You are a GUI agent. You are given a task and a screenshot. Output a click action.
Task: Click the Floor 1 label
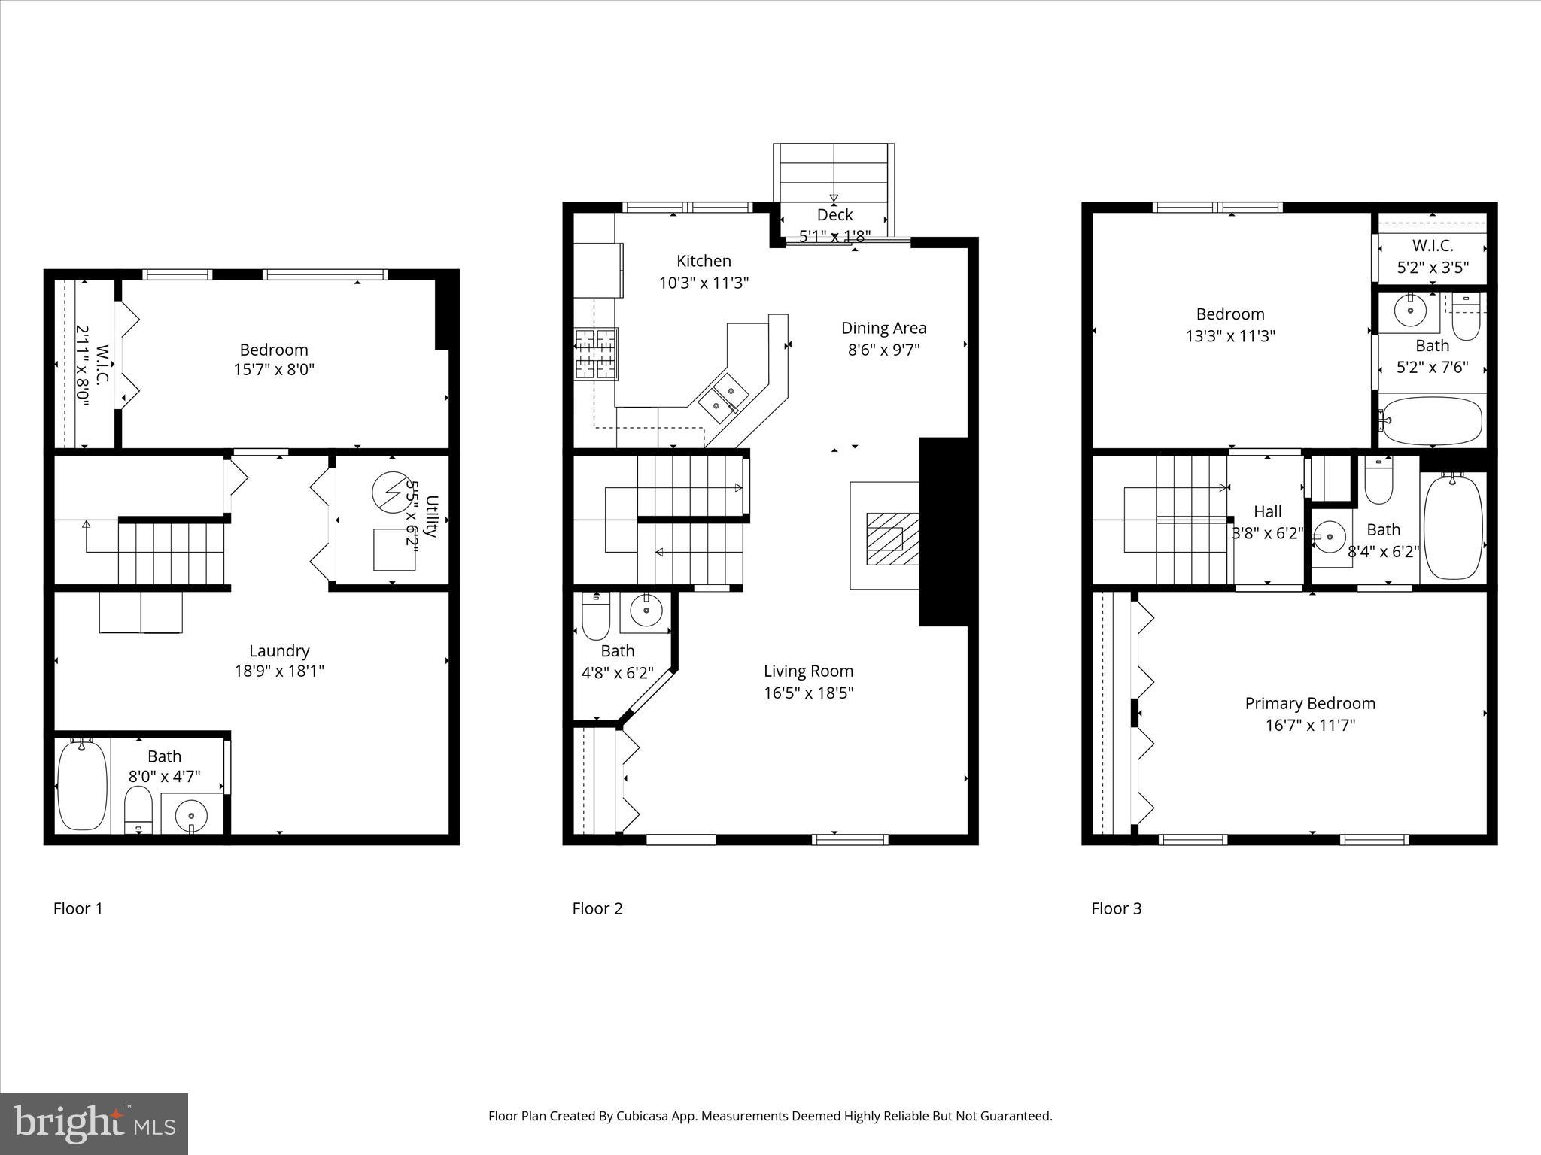click(78, 908)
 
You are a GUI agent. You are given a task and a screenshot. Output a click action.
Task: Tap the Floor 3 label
click(1116, 908)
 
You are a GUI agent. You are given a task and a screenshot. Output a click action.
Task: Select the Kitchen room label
click(704, 261)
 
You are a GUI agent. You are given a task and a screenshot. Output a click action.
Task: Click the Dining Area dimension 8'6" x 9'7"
click(883, 350)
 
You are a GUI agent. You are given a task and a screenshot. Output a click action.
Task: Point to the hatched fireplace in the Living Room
click(892, 538)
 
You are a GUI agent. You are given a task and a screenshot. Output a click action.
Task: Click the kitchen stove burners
click(596, 353)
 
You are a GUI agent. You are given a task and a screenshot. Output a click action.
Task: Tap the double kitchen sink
click(722, 397)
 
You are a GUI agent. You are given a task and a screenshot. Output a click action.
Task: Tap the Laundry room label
click(279, 651)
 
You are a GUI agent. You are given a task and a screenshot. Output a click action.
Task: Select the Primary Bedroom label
click(1310, 704)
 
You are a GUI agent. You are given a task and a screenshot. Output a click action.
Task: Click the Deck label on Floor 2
click(834, 215)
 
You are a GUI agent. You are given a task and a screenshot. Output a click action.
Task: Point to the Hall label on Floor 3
click(1267, 512)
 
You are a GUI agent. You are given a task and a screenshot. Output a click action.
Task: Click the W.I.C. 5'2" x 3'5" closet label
click(1432, 246)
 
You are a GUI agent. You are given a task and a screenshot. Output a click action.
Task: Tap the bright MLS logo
click(94, 1124)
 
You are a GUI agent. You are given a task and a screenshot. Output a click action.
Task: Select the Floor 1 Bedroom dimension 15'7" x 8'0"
click(274, 370)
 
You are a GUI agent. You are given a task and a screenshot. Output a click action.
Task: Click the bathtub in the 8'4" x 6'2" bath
click(1453, 527)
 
